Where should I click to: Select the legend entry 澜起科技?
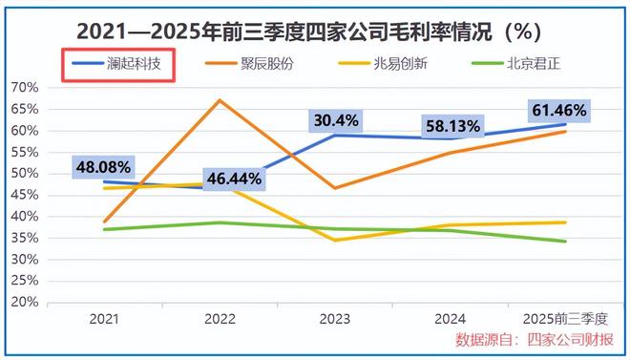(x=120, y=66)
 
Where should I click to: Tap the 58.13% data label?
(x=453, y=125)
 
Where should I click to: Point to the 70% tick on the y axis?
(x=24, y=88)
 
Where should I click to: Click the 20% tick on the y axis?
(x=24, y=303)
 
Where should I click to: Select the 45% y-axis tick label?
(x=24, y=196)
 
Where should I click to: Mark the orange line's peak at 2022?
(x=220, y=100)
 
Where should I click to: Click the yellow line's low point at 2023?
(x=335, y=240)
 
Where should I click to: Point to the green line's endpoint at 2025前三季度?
(x=565, y=242)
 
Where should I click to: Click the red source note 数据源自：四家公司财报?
(x=535, y=341)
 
